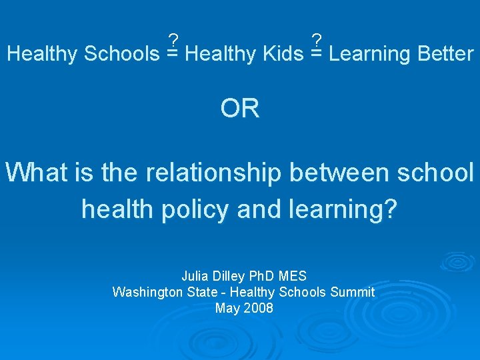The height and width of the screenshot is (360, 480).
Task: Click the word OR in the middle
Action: [240, 108]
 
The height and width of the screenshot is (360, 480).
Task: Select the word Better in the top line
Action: [445, 54]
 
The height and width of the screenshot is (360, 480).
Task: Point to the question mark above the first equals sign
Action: [173, 40]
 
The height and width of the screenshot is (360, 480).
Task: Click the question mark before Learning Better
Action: [317, 40]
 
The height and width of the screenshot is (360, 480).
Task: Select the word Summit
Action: [354, 292]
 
